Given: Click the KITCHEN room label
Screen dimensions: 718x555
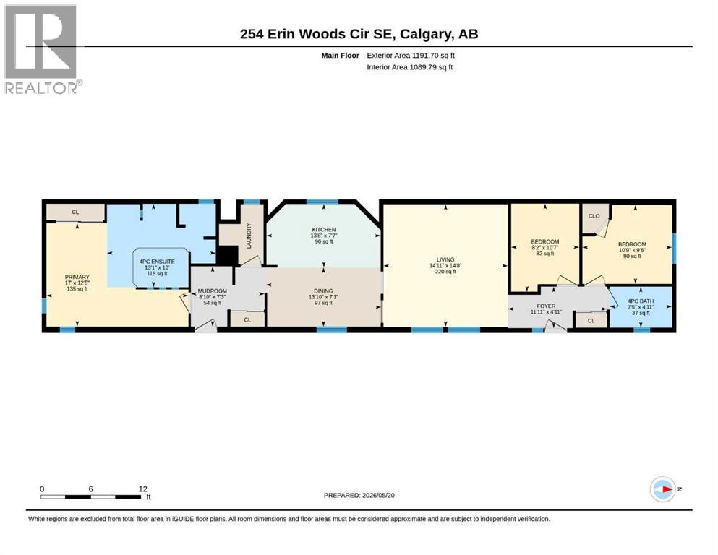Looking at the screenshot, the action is coord(324,230).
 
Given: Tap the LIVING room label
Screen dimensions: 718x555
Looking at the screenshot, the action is coord(445,259).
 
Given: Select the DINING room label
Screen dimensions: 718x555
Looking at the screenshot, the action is coord(323,291).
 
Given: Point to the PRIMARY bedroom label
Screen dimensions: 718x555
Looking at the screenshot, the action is coord(77,277).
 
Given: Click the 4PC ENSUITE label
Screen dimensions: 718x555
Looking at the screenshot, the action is coord(157,262).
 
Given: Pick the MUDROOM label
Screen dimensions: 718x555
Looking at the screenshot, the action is coord(213,291).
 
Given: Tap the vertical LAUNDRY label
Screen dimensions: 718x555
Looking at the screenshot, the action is coord(249,236).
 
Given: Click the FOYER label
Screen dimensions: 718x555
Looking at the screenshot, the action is coord(546,306).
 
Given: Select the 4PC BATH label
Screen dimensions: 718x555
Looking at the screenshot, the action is coord(641,301).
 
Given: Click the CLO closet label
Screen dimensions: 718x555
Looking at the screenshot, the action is coord(594,216).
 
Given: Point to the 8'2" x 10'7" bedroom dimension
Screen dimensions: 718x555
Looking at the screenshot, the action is coord(545,248).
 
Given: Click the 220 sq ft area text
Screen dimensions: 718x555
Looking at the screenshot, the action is coord(445,271).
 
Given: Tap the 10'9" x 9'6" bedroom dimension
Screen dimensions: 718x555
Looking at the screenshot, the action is coord(632,250).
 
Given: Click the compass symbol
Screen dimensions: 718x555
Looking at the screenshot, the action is coord(663,489).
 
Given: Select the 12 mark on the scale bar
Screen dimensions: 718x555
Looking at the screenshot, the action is coord(143,489).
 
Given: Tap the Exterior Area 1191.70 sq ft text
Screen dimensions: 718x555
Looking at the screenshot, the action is coord(411,56).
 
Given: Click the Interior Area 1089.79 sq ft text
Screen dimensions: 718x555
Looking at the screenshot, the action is coord(410,66).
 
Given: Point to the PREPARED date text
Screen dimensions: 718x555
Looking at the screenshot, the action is coord(359,495).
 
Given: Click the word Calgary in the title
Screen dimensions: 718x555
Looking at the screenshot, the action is coord(424,34).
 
